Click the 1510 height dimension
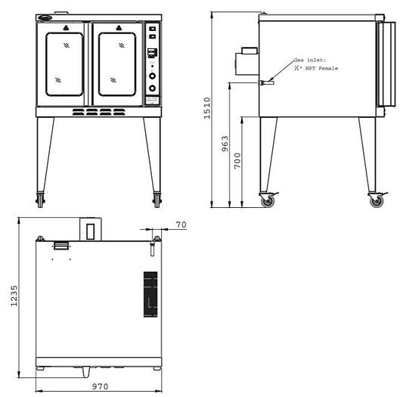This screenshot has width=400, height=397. click(206, 108)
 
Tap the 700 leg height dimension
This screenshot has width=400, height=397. click(237, 160)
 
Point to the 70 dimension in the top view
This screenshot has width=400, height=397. click(181, 224)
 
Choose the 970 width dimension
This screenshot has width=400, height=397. click(100, 387)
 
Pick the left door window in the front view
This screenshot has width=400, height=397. click(65, 67)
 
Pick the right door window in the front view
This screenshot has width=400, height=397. click(117, 67)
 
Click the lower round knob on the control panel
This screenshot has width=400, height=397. click(152, 88)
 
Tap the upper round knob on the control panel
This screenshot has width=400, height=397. click(152, 76)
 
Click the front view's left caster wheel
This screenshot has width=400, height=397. click(40, 200)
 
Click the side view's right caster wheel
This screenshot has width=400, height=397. click(375, 200)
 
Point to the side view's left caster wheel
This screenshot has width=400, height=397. click(267, 200)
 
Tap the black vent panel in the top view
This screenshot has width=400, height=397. click(150, 293)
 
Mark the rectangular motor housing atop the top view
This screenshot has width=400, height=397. click(90, 228)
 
